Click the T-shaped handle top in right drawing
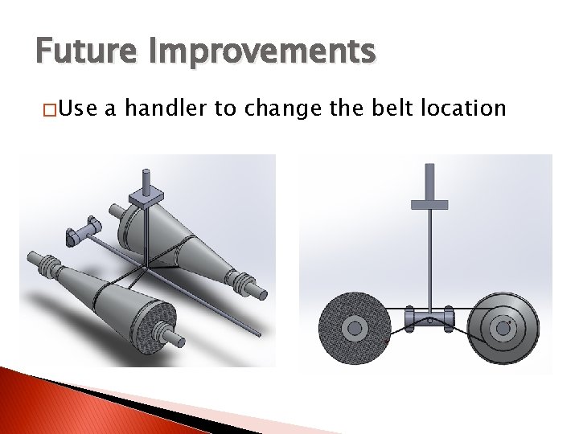click(x=429, y=203)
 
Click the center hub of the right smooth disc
click(x=503, y=327)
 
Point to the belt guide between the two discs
click(x=429, y=317)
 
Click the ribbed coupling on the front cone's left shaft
click(x=48, y=266)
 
